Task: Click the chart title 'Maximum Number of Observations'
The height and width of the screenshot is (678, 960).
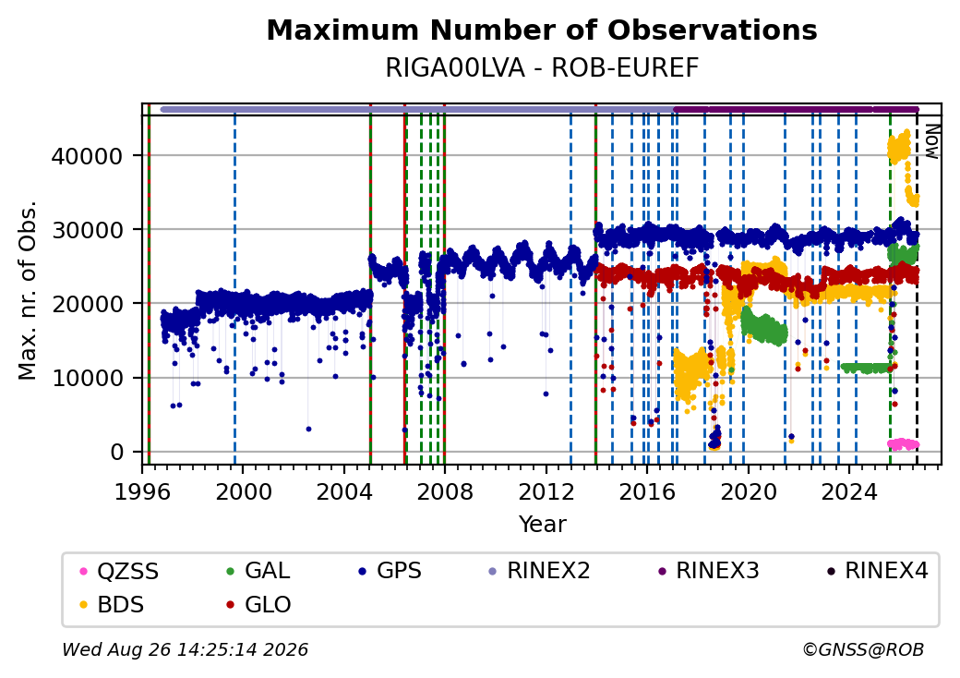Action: click(542, 30)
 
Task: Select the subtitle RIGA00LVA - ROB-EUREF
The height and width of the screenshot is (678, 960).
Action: click(542, 68)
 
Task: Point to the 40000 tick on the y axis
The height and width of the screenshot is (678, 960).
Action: click(87, 156)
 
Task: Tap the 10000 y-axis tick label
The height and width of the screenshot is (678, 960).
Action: click(87, 378)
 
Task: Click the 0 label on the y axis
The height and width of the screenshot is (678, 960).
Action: click(117, 452)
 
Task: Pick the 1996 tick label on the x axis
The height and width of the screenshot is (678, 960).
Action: click(143, 491)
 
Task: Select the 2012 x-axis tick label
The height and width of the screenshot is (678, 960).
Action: click(546, 491)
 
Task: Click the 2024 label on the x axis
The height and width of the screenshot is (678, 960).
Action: click(849, 491)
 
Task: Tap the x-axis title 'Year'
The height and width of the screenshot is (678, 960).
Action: click(543, 525)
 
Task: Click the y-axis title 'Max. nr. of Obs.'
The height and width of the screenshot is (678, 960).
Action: click(28, 290)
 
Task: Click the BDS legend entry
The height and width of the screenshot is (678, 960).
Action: click(113, 604)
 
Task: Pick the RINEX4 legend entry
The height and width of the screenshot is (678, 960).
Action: click(878, 572)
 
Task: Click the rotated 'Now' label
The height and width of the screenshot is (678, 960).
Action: click(931, 141)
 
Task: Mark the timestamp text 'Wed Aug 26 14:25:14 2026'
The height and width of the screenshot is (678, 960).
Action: click(185, 649)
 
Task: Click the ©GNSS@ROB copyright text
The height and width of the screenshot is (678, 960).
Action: click(863, 649)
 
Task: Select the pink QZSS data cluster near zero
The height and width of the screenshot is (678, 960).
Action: click(904, 444)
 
